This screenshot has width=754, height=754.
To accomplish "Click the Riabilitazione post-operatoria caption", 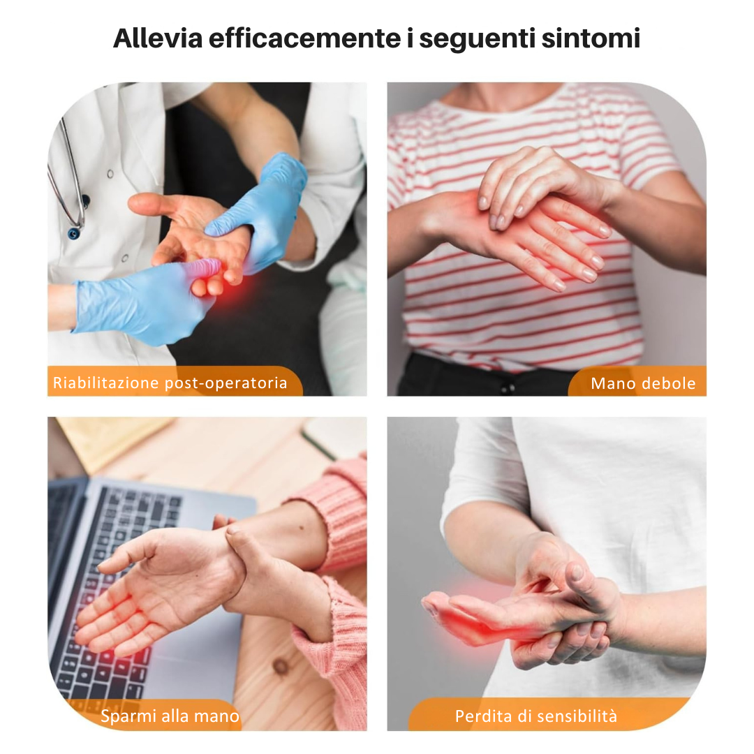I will [170, 383].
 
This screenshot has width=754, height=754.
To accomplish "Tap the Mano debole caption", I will [642, 383].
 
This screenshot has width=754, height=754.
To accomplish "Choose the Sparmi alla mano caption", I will [170, 716].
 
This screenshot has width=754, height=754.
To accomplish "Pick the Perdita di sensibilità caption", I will [535, 716].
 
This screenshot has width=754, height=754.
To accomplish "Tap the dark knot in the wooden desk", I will [281, 666].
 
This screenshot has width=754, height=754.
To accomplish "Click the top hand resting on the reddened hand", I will [538, 182].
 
